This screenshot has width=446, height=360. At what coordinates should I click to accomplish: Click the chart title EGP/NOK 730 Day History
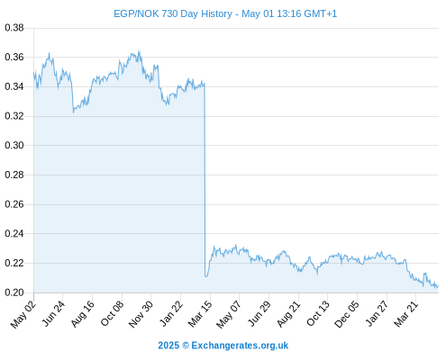tap(173, 13)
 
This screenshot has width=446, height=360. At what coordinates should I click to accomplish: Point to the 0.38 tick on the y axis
tap(14, 28)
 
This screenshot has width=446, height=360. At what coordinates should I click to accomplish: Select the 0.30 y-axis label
tap(14, 145)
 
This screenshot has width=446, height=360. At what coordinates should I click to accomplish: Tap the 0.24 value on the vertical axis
tap(14, 233)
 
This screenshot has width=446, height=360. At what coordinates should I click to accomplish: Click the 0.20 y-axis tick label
tap(14, 292)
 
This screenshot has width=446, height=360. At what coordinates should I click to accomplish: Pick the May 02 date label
tap(23, 314)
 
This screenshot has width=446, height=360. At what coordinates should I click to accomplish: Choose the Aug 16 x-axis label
tap(83, 314)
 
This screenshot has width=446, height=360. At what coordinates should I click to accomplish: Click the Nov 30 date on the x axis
tap(141, 314)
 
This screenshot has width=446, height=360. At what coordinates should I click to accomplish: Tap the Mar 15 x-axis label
tap(200, 314)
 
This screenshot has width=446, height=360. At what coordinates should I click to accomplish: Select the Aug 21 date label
tap(288, 314)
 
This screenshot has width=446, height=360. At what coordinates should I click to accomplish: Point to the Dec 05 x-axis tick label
tap(347, 314)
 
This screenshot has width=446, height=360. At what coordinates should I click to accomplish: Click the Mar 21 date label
tap(406, 314)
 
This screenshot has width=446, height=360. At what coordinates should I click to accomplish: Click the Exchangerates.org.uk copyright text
tap(223, 346)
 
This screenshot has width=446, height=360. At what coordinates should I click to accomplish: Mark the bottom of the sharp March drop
tap(206, 276)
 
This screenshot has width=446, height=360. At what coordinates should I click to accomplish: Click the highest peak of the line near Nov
tap(139, 51)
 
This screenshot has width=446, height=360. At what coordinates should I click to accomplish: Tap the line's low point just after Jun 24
tap(73, 112)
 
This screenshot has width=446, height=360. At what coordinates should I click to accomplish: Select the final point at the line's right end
tap(439, 286)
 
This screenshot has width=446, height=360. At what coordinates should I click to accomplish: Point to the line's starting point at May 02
tap(33, 72)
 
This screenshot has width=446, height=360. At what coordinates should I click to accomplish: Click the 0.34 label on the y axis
tap(14, 86)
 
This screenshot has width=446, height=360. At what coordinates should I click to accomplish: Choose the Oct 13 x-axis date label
tap(318, 314)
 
